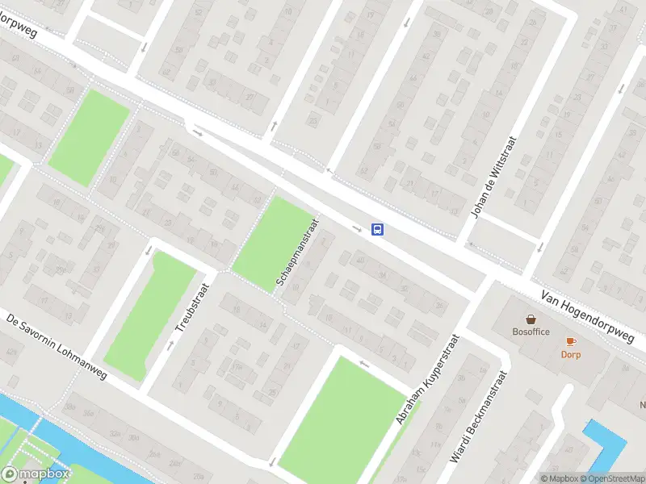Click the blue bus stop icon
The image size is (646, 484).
pos(377,229)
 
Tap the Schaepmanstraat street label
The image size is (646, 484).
pos(295,253)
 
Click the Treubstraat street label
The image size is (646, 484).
pos(192,307)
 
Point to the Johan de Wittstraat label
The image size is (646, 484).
pos(494,177)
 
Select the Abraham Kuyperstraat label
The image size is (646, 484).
pos(426,380)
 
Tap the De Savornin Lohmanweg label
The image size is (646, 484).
pos(57,345)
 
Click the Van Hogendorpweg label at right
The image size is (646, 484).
pos(588,316)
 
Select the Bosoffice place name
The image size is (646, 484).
pos(531,332)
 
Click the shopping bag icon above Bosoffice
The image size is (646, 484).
pos(531,319)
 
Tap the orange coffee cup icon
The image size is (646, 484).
pos(571,341)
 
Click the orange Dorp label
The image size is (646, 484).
pos(571,354)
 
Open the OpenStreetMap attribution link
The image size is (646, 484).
pos(615,478)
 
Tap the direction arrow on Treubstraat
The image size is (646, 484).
pos(170,345)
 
